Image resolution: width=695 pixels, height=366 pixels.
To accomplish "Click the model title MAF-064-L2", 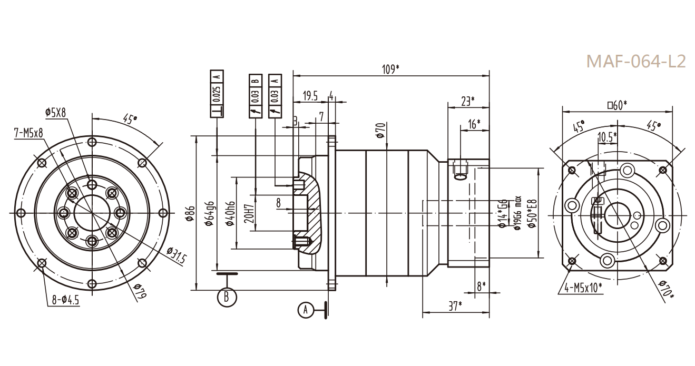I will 636,61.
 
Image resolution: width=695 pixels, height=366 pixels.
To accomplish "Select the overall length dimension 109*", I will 390,69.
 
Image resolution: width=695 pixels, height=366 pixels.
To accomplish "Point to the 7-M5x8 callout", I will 28,134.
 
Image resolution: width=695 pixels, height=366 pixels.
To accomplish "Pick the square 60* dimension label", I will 617,105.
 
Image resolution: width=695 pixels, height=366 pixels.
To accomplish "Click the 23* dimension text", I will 467,101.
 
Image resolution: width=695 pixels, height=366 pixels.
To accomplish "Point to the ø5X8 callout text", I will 56,112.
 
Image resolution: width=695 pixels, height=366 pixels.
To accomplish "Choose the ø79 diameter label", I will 139,291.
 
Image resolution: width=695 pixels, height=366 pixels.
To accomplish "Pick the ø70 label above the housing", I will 384,130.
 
